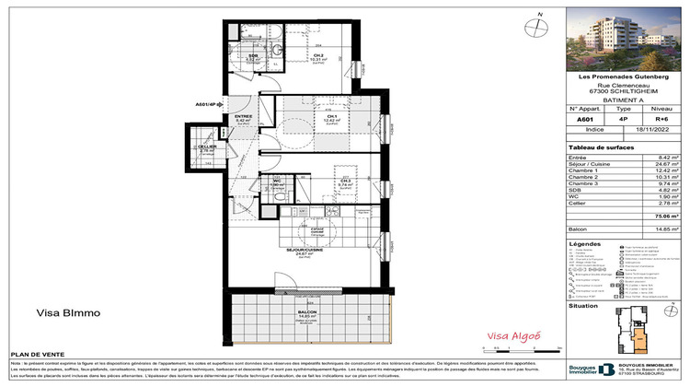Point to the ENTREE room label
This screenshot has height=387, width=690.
click(x=244, y=117)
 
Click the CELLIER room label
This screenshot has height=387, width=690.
click(x=208, y=147)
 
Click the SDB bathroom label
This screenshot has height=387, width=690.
click(x=253, y=57)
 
